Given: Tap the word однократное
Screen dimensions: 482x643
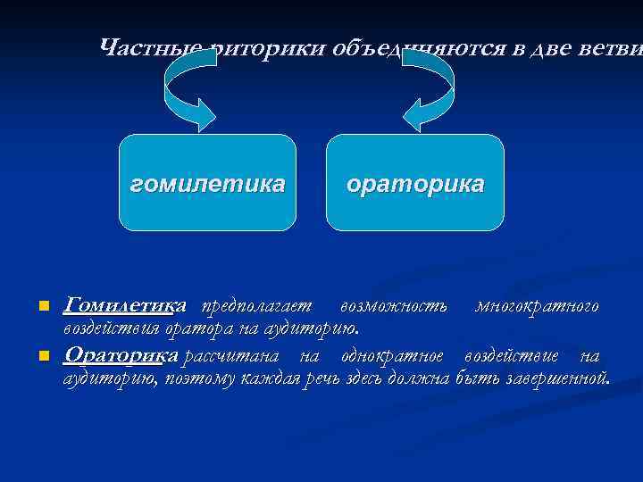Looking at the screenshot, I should point(393,356).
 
